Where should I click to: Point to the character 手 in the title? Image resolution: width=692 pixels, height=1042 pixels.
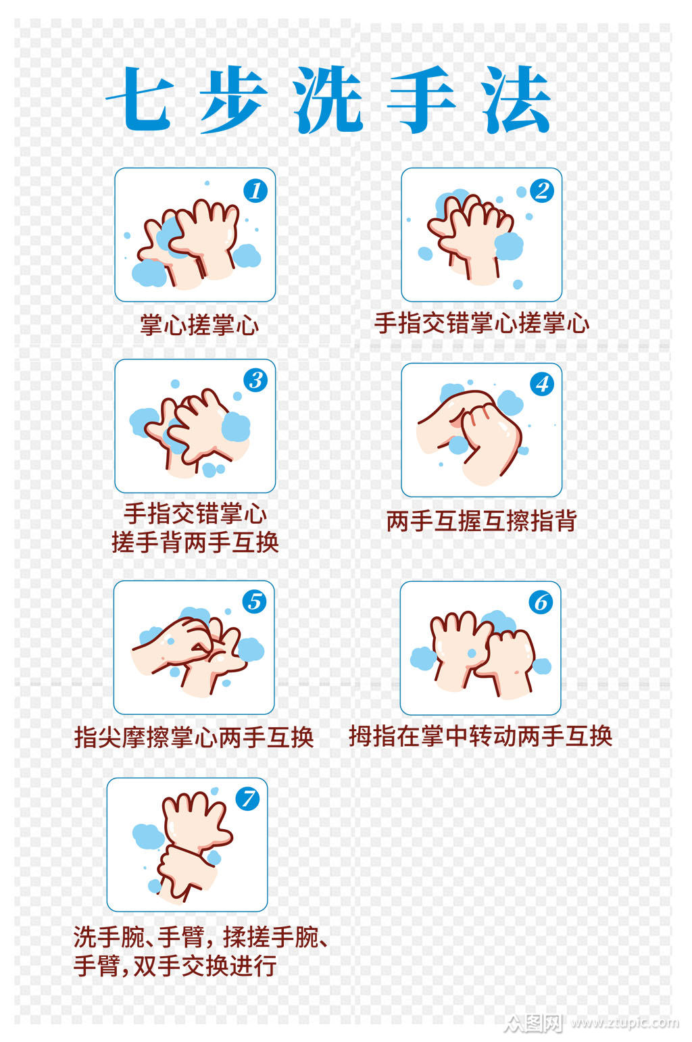422,100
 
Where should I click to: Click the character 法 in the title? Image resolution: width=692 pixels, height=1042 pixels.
517,100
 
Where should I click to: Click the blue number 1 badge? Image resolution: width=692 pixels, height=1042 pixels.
255,191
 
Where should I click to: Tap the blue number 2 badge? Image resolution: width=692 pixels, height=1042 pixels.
542,191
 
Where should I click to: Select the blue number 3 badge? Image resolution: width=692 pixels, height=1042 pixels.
255,380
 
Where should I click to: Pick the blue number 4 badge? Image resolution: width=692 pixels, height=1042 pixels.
542,384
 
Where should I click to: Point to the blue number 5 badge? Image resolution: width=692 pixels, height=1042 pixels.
254,601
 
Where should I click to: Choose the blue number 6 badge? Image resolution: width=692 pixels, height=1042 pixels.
541,602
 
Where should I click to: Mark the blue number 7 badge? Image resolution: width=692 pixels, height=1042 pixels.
247,799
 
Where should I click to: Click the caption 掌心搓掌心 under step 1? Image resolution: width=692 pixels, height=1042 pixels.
199,325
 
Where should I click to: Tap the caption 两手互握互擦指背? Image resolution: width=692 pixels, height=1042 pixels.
481,521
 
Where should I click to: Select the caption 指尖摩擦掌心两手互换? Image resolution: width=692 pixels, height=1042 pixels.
194,737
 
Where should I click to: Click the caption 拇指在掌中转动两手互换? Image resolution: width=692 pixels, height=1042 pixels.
480,736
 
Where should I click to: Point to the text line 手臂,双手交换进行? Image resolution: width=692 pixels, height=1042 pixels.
175,966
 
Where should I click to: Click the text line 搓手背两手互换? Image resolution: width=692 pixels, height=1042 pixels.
195,542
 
